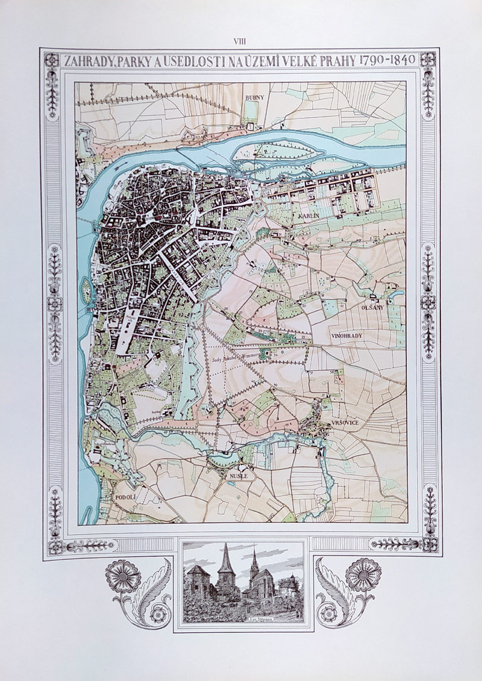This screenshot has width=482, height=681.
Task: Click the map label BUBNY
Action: (251, 97)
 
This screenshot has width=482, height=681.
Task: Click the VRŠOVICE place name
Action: (344, 423)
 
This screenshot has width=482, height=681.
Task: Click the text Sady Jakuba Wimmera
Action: (239, 356)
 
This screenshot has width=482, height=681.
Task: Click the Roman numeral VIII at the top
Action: (240, 40)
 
